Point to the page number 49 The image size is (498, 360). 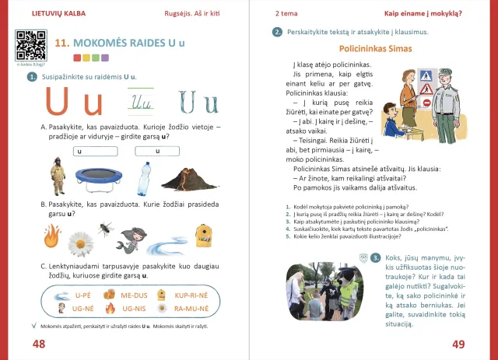[x=458, y=344]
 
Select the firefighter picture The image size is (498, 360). [x=57, y=176]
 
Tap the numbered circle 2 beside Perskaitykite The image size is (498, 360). [x=278, y=32]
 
